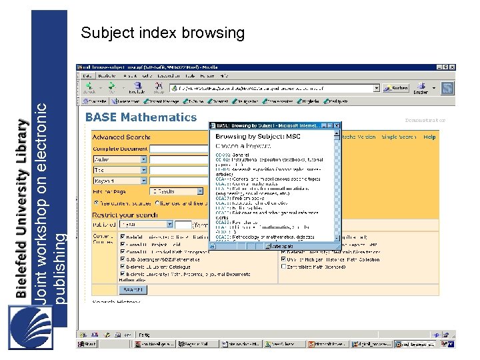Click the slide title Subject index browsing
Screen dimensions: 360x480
[x=163, y=33]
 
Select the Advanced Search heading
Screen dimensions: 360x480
[x=116, y=137]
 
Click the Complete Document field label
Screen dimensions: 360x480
[x=120, y=149]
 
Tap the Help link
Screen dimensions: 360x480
[x=429, y=137]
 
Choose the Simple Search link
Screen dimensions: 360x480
[x=398, y=137]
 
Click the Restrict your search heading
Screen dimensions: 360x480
[x=125, y=215]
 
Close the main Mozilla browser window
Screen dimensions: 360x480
[x=453, y=67]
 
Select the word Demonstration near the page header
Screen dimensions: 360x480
[x=425, y=121]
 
